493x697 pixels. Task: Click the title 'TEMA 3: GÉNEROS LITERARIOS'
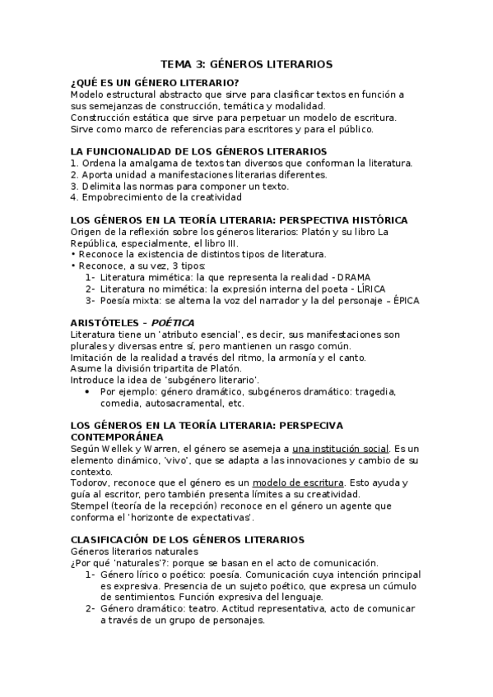tap(246, 63)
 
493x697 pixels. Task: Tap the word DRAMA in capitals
tap(354, 277)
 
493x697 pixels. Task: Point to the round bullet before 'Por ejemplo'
tap(88, 391)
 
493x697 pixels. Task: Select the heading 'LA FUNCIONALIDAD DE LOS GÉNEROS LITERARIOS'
tap(188, 151)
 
